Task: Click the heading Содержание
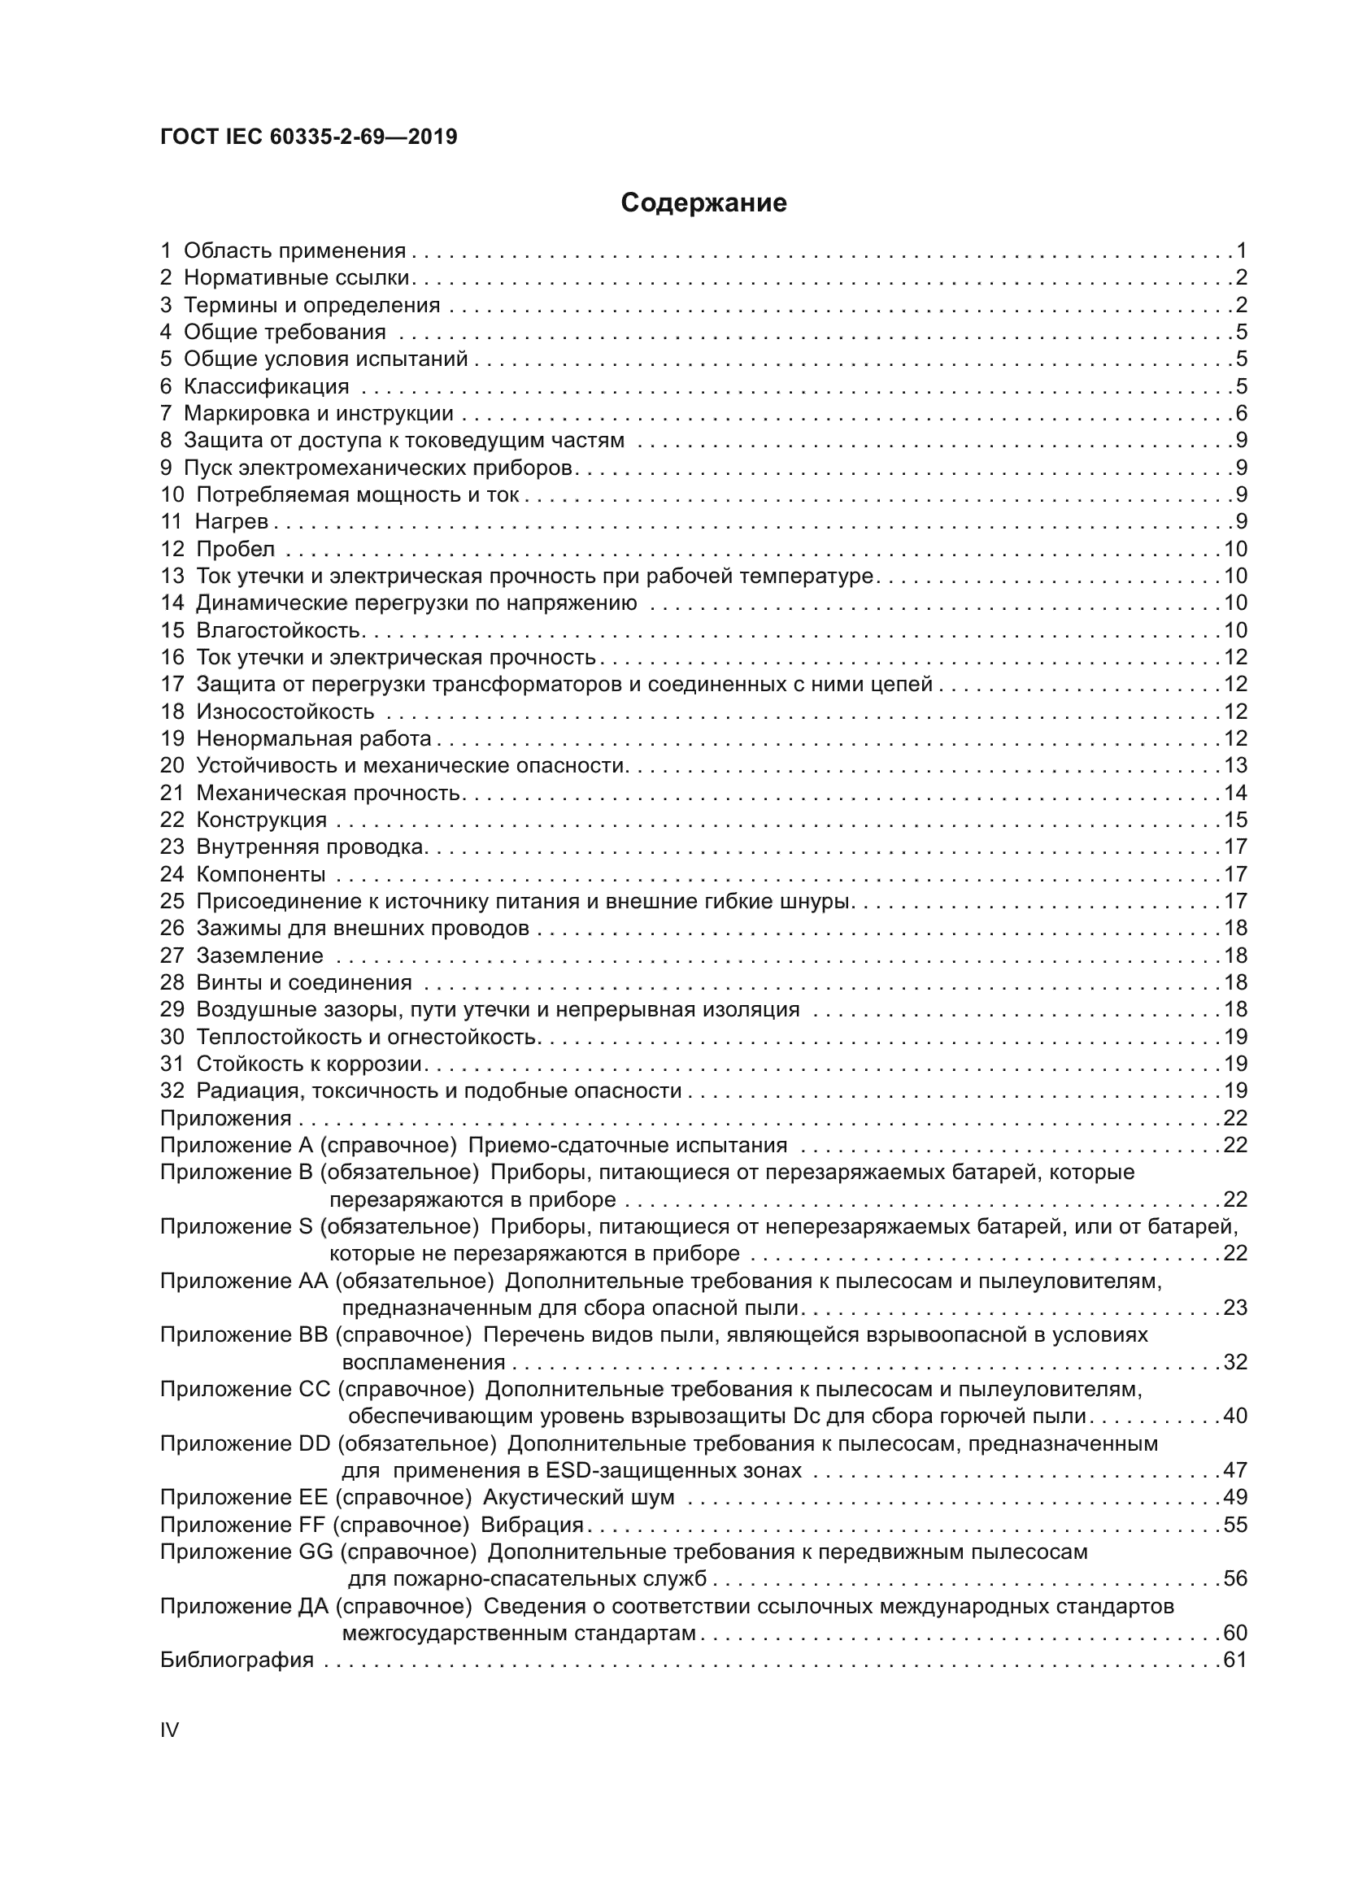click(703, 203)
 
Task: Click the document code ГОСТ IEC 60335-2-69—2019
click(308, 137)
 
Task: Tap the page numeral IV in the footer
click(169, 1730)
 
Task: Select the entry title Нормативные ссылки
click(298, 277)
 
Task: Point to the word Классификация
click(266, 386)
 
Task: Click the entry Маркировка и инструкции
click(318, 413)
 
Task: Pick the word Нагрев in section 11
click(231, 522)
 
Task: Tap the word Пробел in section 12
click(235, 549)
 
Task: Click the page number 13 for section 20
click(1235, 766)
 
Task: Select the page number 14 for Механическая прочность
click(1235, 794)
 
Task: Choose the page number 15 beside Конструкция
click(1235, 820)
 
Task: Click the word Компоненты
click(261, 875)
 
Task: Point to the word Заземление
click(259, 956)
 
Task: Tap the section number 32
click(172, 1091)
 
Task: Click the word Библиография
click(237, 1660)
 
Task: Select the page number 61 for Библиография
click(1235, 1660)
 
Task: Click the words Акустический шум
click(578, 1498)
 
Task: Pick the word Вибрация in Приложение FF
click(532, 1525)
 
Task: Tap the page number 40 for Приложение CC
click(1235, 1416)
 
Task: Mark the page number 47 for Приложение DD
click(1235, 1470)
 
